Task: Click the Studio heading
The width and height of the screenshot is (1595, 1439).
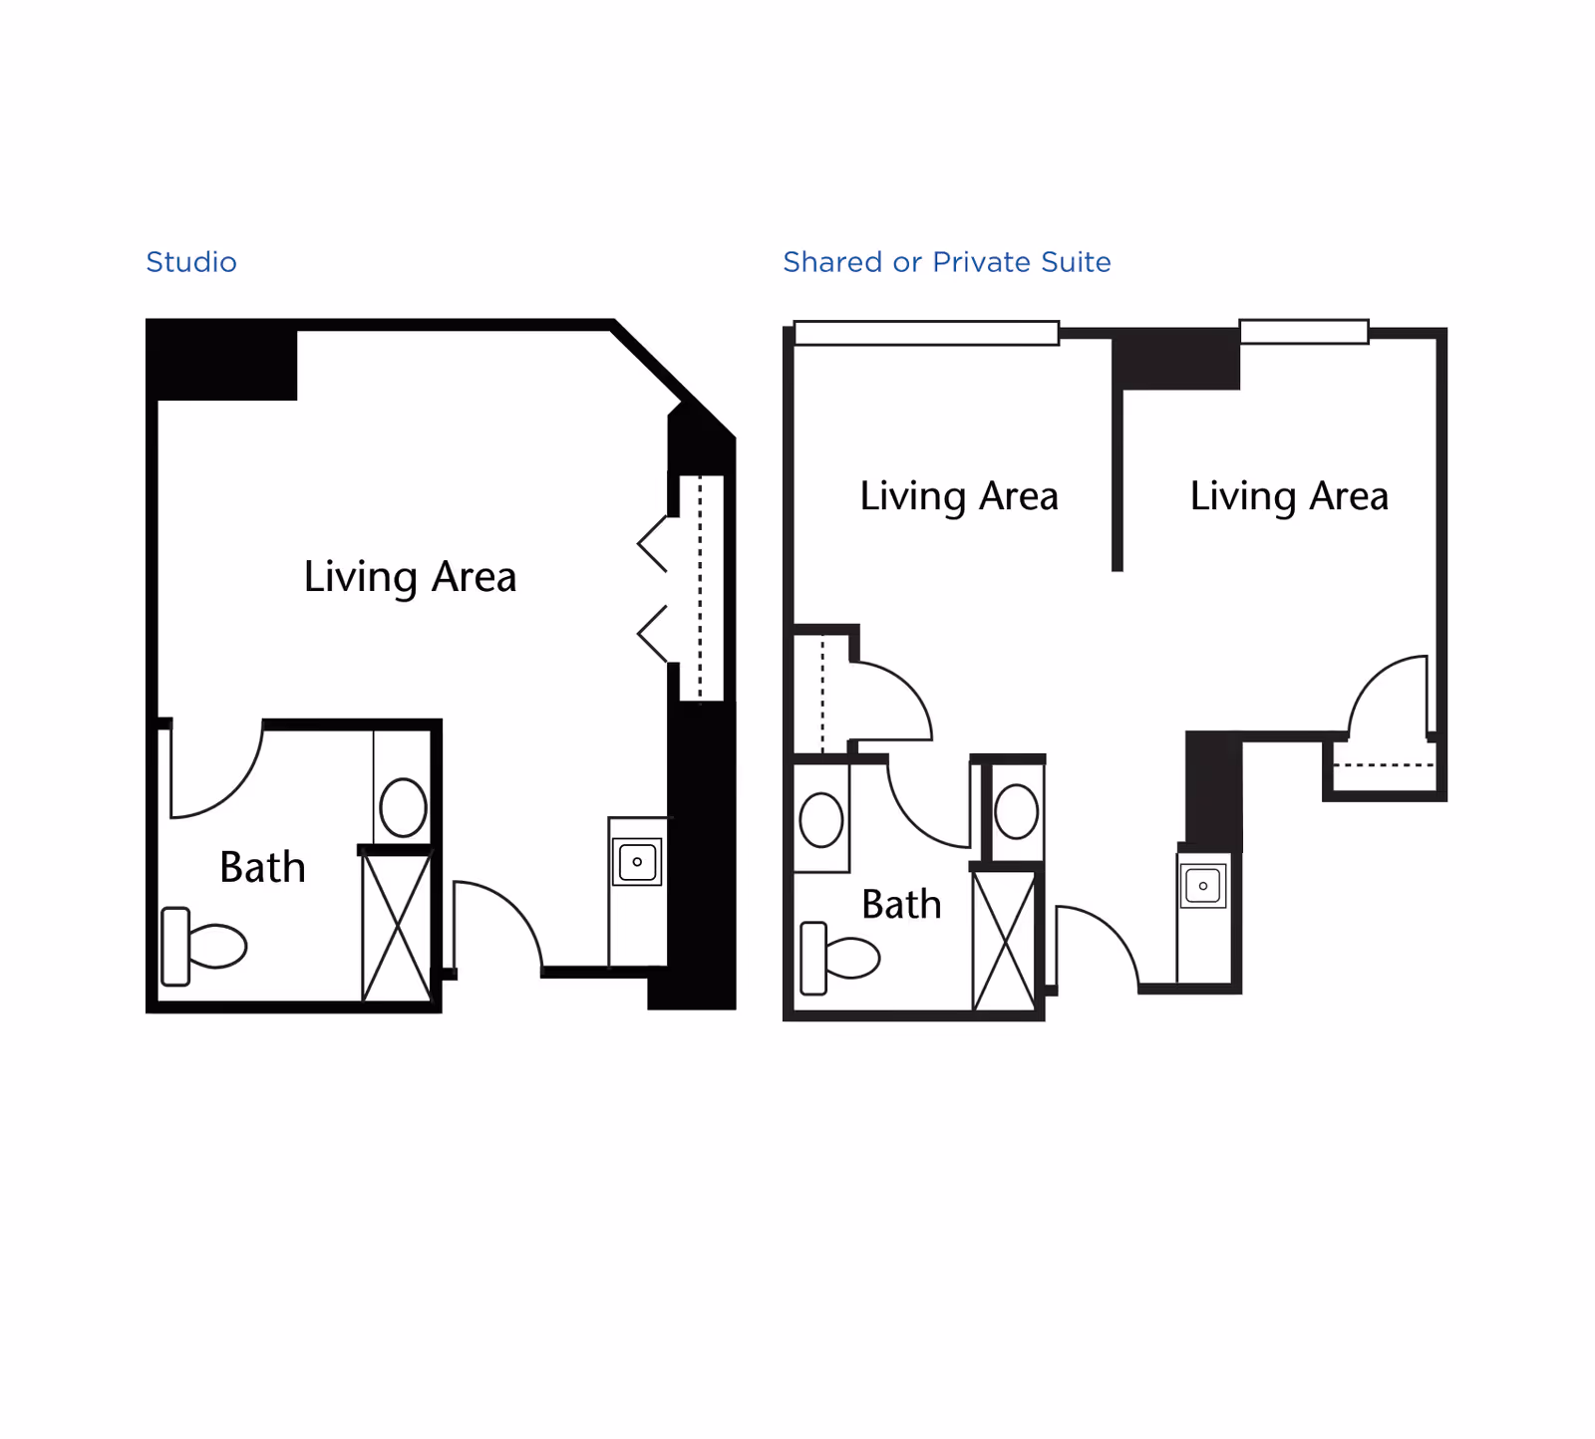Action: [191, 262]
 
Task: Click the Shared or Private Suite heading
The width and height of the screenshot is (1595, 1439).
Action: [946, 262]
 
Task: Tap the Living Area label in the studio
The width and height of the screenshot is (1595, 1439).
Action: [410, 577]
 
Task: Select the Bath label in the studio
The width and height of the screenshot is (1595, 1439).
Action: [262, 867]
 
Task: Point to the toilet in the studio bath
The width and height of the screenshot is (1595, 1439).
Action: [205, 946]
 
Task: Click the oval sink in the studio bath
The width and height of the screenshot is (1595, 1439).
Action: [403, 806]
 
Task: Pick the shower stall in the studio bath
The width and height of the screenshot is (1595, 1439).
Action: [397, 927]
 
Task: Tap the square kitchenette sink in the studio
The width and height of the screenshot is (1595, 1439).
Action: [637, 862]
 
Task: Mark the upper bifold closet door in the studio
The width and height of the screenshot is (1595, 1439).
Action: [653, 544]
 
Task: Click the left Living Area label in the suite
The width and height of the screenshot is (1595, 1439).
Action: [959, 496]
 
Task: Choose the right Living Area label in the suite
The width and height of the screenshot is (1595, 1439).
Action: [1289, 496]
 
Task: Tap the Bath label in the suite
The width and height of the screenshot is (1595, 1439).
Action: [901, 905]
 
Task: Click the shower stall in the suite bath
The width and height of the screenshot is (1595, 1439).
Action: [1004, 941]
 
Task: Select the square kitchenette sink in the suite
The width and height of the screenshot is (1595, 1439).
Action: [1203, 885]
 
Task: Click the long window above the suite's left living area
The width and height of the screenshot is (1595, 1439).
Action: [926, 333]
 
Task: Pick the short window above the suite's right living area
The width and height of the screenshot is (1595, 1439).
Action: [1304, 332]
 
